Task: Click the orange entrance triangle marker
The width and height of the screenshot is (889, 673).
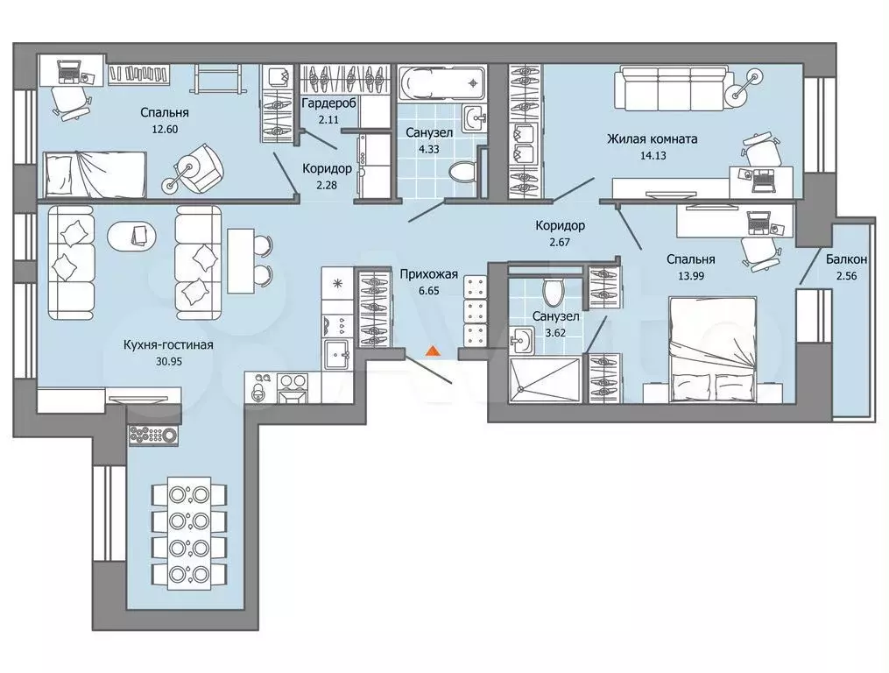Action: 433,351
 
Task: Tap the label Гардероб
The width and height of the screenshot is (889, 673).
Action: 328,103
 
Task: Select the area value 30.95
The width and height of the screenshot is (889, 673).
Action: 168,361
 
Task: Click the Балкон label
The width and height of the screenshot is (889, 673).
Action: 846,259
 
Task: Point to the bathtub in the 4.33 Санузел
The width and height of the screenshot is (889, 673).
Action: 441,83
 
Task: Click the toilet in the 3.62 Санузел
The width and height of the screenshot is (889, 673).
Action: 552,291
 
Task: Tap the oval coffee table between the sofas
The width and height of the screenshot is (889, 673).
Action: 132,232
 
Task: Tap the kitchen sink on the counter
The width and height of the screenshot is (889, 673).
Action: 337,354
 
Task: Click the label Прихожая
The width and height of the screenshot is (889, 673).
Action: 428,274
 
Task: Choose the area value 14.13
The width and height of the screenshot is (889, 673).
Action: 653,155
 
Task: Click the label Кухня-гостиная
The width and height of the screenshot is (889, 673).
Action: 168,345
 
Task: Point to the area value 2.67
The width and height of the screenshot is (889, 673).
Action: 560,242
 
